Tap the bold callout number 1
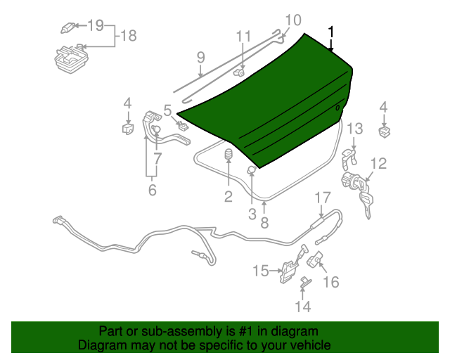[331, 32]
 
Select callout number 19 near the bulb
[96, 25]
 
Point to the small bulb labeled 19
[68, 28]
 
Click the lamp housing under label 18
[71, 59]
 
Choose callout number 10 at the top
[293, 20]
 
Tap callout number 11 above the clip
[244, 37]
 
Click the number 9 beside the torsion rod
[201, 57]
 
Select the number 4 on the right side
[383, 108]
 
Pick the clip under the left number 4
[128, 129]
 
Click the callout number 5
[167, 110]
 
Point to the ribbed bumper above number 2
[229, 154]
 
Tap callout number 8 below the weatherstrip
[264, 222]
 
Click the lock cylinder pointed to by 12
[351, 181]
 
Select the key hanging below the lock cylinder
[366, 205]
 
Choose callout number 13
[355, 129]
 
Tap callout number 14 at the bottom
[303, 307]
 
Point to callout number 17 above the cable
[323, 198]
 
